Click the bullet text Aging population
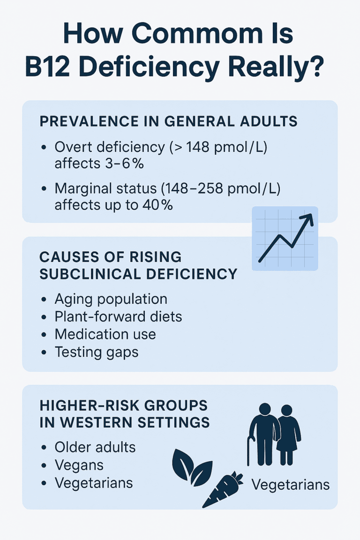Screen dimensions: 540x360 click(111, 299)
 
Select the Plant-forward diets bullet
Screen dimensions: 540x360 click(118, 316)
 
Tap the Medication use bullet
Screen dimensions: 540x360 click(105, 334)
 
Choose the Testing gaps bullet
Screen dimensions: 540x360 click(97, 352)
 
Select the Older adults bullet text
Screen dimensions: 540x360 click(95, 447)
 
